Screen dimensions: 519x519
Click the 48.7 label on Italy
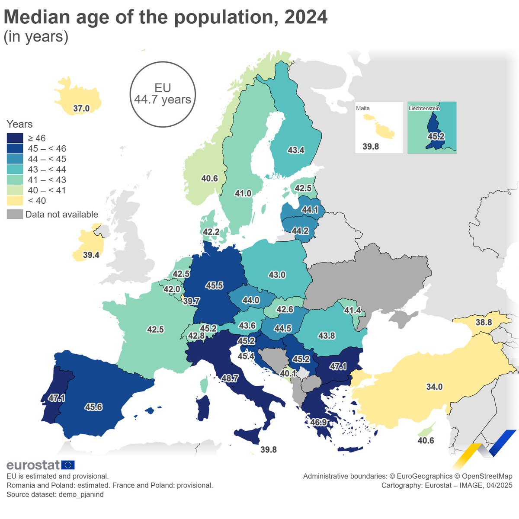230,378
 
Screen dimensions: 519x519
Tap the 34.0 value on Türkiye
434,387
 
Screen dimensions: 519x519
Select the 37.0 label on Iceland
81,109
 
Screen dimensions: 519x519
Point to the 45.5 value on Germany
215,286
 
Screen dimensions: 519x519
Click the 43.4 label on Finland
296,151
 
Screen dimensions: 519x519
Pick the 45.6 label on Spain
93,407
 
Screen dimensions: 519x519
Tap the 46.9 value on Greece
318,422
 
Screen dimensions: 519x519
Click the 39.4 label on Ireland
91,255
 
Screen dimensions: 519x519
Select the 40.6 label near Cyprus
426,441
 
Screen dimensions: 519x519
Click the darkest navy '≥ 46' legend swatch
15,138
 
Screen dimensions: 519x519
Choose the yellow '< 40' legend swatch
15,201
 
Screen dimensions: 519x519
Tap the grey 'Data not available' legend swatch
15,215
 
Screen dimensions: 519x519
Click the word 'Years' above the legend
19,125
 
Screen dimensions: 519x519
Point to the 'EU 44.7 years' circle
163,94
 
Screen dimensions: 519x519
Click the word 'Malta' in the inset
363,108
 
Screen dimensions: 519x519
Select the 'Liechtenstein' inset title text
424,108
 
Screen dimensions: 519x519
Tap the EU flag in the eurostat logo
68,465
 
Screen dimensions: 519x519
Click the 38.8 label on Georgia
484,323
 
